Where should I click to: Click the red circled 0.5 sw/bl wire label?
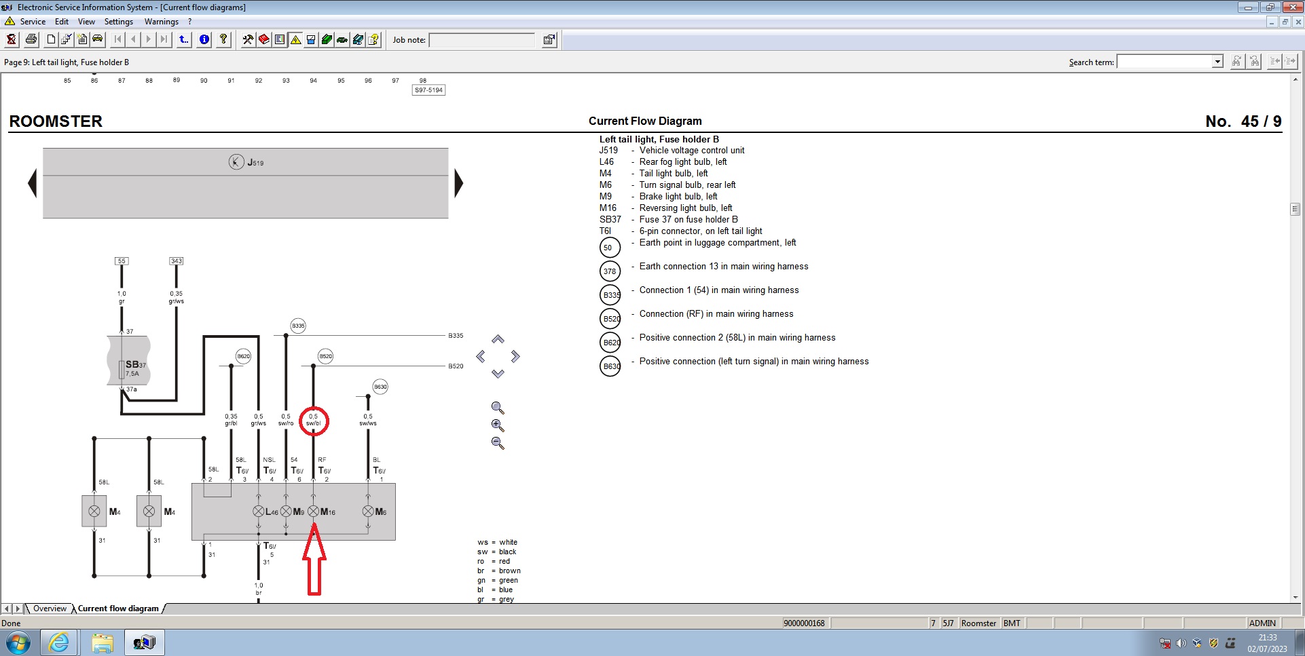click(x=313, y=421)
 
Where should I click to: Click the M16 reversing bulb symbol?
click(x=313, y=512)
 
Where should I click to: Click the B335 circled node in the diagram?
click(x=298, y=326)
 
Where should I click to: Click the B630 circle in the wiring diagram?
click(x=380, y=387)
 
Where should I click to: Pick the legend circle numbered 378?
click(x=610, y=271)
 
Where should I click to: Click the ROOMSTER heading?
click(x=56, y=121)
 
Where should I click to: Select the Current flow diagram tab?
click(x=118, y=609)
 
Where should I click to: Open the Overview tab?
click(x=50, y=609)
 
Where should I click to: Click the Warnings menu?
click(x=161, y=22)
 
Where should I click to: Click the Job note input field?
click(x=482, y=40)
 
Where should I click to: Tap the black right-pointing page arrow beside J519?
click(x=459, y=183)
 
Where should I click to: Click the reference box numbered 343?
click(x=176, y=261)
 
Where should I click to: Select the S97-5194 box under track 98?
click(x=428, y=90)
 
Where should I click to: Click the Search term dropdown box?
click(x=1169, y=62)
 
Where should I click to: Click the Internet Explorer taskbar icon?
click(x=59, y=642)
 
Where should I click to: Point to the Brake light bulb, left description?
click(x=678, y=197)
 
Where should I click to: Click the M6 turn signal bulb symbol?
click(x=368, y=512)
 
